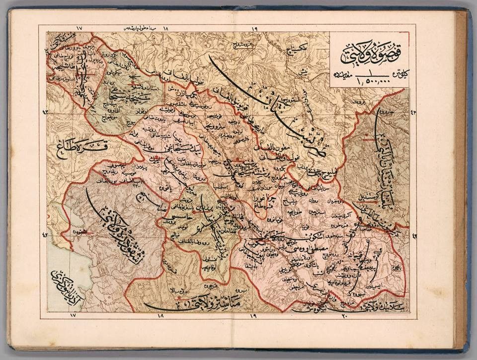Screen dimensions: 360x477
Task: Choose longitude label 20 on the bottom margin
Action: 346,316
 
